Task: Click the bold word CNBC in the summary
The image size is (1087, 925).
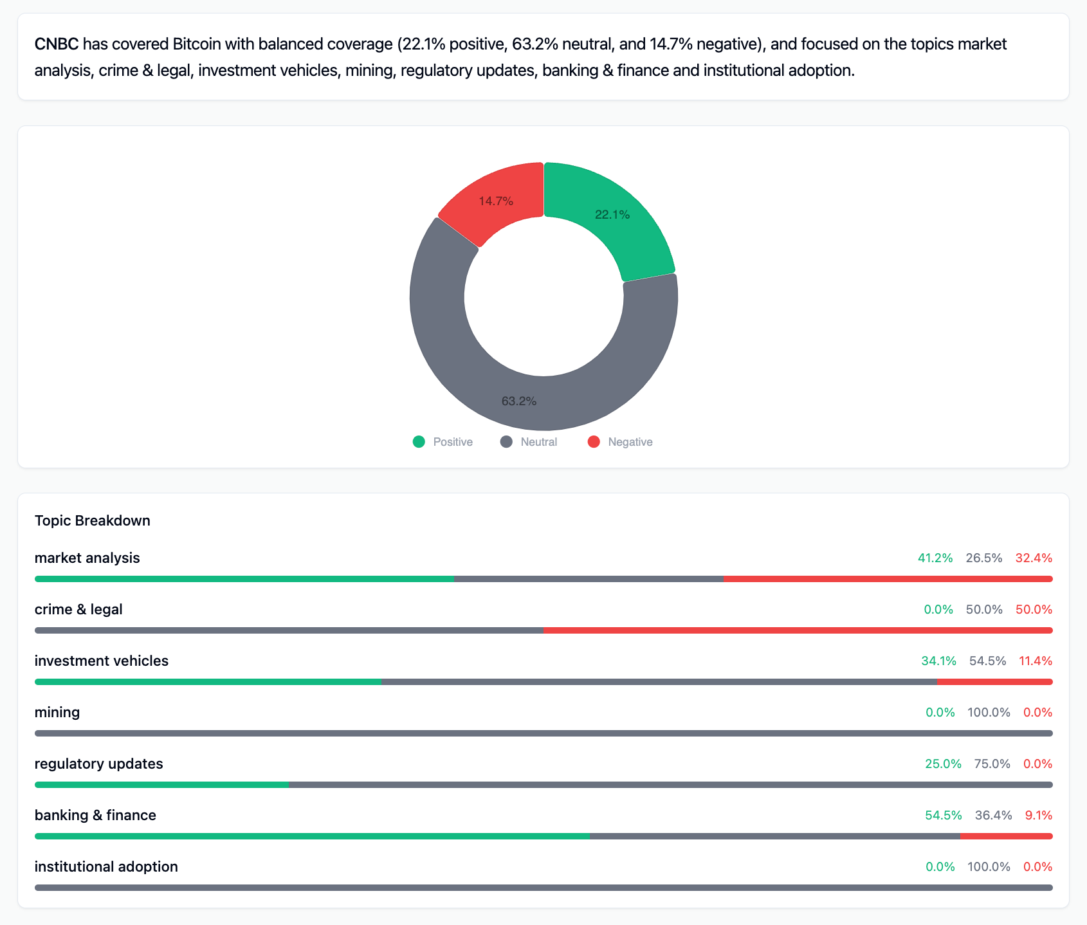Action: point(57,44)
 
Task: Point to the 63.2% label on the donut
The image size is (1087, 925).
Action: point(519,401)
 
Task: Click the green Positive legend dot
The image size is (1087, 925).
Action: point(419,442)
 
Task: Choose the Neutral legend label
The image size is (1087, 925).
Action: point(538,442)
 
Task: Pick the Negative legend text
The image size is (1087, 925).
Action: point(630,442)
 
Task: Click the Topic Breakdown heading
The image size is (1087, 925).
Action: point(93,520)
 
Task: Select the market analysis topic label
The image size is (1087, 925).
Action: point(87,558)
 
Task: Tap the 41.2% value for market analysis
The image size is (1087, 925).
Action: point(935,558)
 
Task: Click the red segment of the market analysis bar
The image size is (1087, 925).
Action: point(888,579)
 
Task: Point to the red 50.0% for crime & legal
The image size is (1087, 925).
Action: point(1034,609)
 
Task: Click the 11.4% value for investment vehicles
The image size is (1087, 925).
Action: point(1036,661)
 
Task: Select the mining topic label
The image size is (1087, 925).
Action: point(57,712)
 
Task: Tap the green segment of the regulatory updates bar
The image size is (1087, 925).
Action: point(161,785)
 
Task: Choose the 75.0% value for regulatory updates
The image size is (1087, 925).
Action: point(992,764)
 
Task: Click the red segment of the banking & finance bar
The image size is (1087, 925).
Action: point(1007,836)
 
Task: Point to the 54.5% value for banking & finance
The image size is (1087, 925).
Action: point(944,815)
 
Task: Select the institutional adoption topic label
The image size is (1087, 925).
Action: point(106,866)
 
